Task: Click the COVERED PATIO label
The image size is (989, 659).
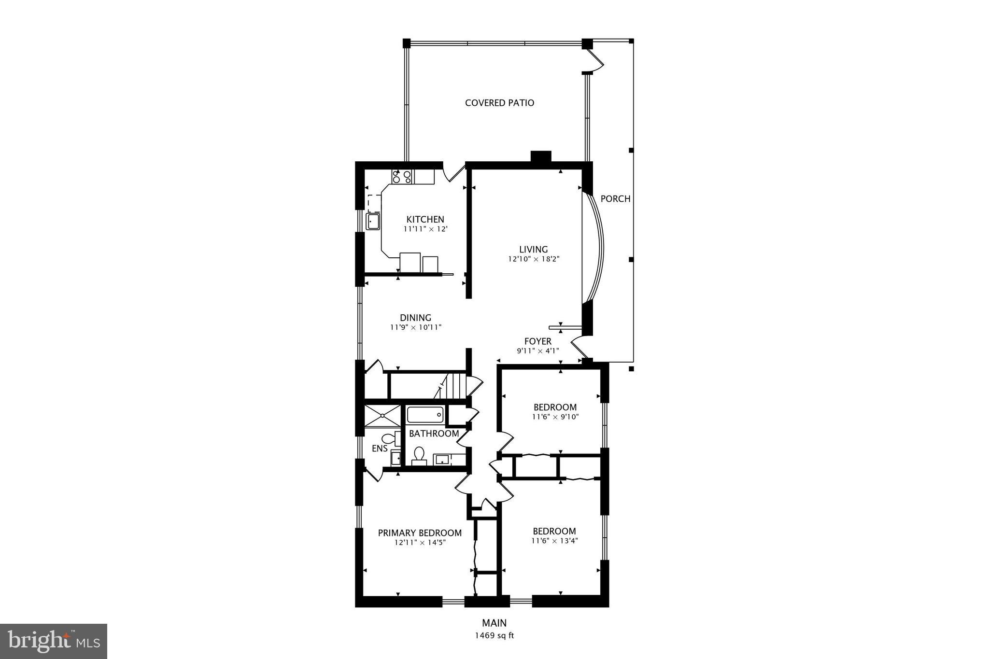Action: click(499, 103)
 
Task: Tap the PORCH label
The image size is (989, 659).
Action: click(615, 199)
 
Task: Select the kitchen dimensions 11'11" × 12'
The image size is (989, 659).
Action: click(425, 229)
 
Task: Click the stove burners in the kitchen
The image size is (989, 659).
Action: click(402, 177)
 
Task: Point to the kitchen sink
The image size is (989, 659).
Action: click(373, 222)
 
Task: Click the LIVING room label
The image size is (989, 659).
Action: click(533, 250)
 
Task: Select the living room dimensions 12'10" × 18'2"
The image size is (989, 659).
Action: click(533, 259)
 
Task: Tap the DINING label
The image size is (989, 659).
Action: click(415, 318)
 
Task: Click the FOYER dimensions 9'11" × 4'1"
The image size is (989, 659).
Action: click(537, 351)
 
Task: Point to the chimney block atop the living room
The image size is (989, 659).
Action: click(541, 157)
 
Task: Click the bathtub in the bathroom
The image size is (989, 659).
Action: click(425, 414)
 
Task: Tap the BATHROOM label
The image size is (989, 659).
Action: click(434, 434)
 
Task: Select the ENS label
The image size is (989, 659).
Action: click(380, 449)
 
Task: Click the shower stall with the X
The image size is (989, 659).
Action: click(382, 416)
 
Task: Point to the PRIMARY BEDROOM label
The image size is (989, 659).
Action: click(419, 533)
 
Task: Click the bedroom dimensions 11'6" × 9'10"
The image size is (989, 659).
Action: click(555, 417)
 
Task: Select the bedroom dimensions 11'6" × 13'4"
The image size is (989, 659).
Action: click(554, 541)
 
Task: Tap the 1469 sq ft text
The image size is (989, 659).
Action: click(494, 636)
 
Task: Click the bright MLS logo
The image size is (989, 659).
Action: click(54, 641)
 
